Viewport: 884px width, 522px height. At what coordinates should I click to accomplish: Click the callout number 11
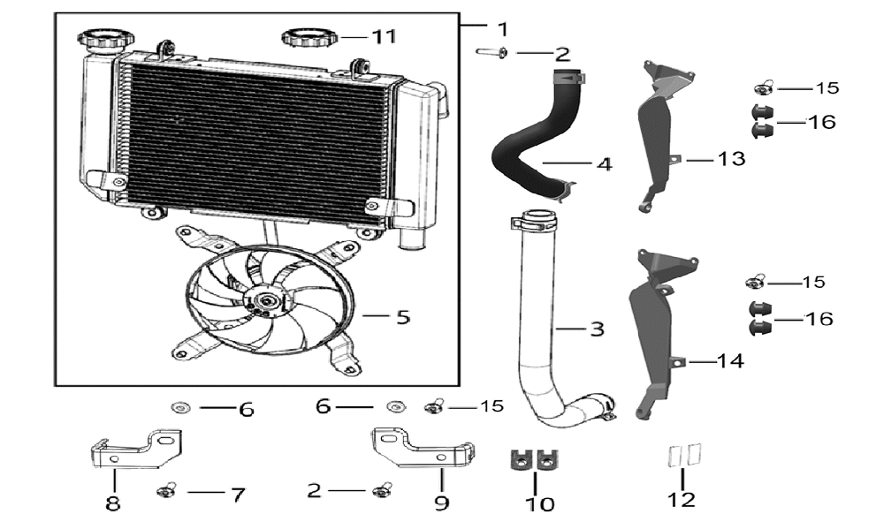pyautogui.click(x=385, y=37)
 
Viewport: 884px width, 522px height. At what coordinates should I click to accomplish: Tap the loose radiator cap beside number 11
pyautogui.click(x=309, y=38)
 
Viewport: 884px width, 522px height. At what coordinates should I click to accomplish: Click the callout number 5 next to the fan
pyautogui.click(x=403, y=317)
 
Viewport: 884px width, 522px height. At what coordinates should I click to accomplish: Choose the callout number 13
pyautogui.click(x=731, y=159)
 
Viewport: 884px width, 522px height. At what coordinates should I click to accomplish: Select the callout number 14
pyautogui.click(x=730, y=360)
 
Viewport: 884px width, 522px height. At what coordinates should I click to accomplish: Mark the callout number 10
pyautogui.click(x=539, y=504)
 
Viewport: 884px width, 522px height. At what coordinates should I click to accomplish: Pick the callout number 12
pyautogui.click(x=681, y=499)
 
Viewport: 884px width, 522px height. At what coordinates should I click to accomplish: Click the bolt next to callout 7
pyautogui.click(x=166, y=491)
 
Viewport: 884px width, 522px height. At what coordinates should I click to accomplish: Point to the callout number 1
pyautogui.click(x=503, y=29)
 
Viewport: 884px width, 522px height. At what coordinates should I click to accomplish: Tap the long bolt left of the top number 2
pyautogui.click(x=492, y=52)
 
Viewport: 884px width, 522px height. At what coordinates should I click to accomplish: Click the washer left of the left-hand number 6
pyautogui.click(x=181, y=406)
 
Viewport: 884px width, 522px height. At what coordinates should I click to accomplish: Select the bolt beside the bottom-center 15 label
pyautogui.click(x=435, y=405)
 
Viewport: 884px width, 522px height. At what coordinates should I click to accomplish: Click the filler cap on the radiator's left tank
pyautogui.click(x=106, y=41)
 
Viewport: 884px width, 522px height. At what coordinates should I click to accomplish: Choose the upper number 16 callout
pyautogui.click(x=821, y=122)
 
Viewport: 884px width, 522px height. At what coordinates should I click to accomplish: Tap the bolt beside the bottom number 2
pyautogui.click(x=383, y=490)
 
